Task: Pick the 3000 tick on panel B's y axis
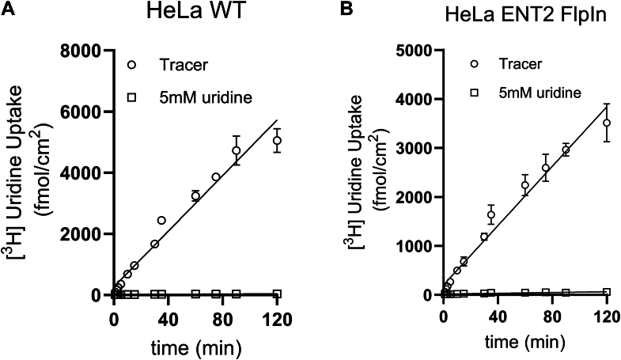[x=412, y=149]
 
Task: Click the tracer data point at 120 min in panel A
[x=277, y=141]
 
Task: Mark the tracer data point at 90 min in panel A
[x=236, y=150]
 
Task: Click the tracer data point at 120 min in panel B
[x=607, y=123]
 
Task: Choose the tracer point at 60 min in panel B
[x=524, y=185]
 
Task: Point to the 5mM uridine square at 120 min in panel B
[x=607, y=292]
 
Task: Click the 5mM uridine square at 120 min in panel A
[x=277, y=294]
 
